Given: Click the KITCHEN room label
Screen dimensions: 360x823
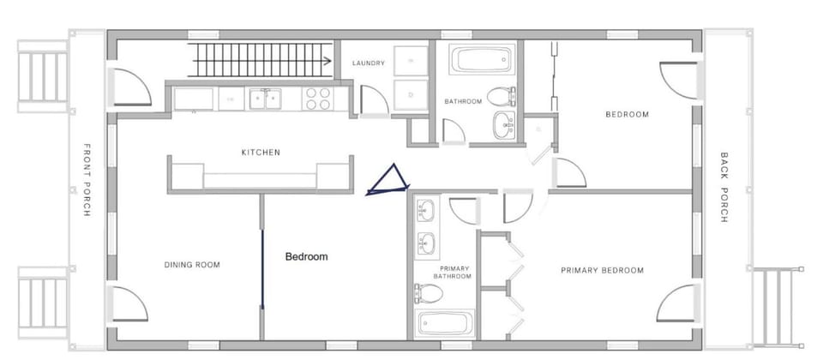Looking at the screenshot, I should [261, 153].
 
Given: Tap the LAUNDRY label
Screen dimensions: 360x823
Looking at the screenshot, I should [368, 63].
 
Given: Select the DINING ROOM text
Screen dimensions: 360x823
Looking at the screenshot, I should [192, 265].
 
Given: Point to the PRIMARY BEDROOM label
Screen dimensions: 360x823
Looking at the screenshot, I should [602, 271].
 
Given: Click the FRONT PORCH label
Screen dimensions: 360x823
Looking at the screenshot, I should [87, 179].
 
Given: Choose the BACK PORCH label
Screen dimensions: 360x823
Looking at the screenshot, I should [724, 188].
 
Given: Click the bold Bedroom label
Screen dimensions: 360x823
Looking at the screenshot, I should [306, 256].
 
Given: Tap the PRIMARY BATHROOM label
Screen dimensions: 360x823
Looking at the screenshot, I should [453, 272].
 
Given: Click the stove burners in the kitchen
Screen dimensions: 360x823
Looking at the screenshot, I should [318, 99].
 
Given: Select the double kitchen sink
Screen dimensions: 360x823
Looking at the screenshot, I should [265, 99].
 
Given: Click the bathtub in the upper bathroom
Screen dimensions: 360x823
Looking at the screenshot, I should [481, 60].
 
